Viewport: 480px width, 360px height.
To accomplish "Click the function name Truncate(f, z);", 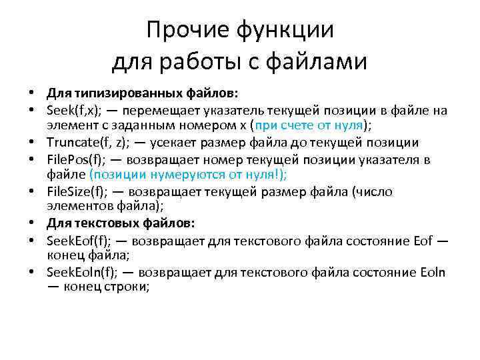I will pos(83,142).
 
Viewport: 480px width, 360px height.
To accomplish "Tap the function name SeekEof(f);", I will pos(78,239).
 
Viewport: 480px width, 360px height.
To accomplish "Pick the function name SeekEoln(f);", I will pos(80,272).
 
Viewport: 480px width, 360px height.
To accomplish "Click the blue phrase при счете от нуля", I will pos(318,125).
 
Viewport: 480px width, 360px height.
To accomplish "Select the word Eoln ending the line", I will pos(433,272).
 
